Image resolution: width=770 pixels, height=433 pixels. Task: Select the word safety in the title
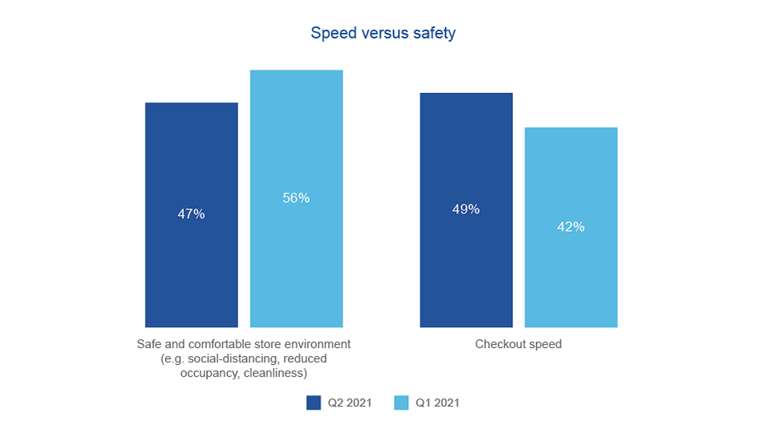(x=433, y=34)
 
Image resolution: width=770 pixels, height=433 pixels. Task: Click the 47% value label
(x=191, y=214)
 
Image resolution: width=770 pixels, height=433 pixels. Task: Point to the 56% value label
(x=296, y=198)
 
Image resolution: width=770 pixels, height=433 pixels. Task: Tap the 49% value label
(x=466, y=209)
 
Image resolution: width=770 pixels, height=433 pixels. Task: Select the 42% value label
(x=570, y=227)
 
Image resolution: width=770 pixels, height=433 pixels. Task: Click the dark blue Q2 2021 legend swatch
(x=314, y=403)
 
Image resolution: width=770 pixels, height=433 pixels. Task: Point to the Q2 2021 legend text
(x=349, y=403)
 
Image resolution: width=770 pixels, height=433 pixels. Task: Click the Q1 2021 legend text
(x=437, y=403)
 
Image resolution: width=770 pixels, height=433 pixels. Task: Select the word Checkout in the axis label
(x=500, y=345)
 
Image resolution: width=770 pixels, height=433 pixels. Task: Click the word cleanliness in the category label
(x=277, y=373)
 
